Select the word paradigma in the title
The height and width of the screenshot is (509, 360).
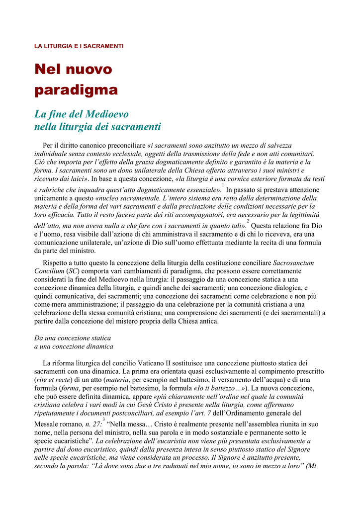point(76,90)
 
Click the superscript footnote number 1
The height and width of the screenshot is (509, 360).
point(223,185)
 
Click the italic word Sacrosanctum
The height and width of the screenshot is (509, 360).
point(293,262)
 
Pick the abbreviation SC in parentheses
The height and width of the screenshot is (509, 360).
point(72,271)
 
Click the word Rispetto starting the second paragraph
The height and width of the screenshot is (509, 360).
point(56,262)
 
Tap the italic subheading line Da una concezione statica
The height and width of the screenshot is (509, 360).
point(73,338)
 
